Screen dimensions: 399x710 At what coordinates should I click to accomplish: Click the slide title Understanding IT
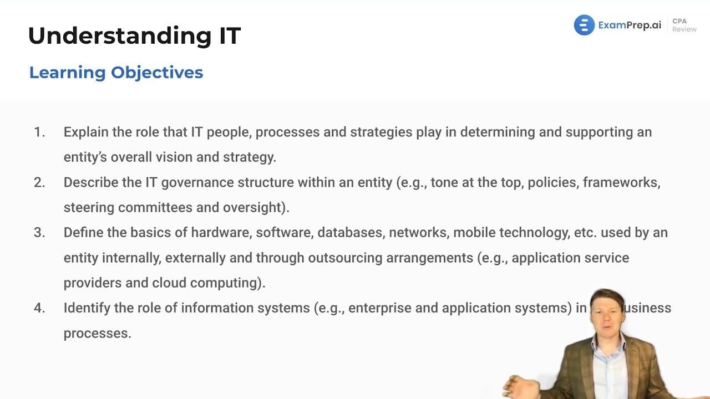coord(134,35)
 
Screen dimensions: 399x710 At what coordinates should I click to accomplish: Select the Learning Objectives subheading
coord(116,73)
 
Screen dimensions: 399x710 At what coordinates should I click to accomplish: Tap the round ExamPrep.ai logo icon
coord(584,25)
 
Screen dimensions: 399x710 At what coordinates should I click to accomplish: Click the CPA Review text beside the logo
coord(684,25)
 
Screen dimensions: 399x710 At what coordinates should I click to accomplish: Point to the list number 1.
coord(39,132)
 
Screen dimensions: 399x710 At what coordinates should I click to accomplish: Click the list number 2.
coord(39,182)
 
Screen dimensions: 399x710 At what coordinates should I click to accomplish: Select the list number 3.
coord(39,232)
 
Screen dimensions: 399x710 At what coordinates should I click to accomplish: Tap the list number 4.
coord(39,308)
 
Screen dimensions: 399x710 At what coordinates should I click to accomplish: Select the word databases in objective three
coord(349,232)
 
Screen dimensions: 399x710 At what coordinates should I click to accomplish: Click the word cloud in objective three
coord(169,283)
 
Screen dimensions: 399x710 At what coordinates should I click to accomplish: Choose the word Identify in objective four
coord(87,308)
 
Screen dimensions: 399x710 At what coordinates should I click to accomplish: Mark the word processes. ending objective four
coord(97,333)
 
